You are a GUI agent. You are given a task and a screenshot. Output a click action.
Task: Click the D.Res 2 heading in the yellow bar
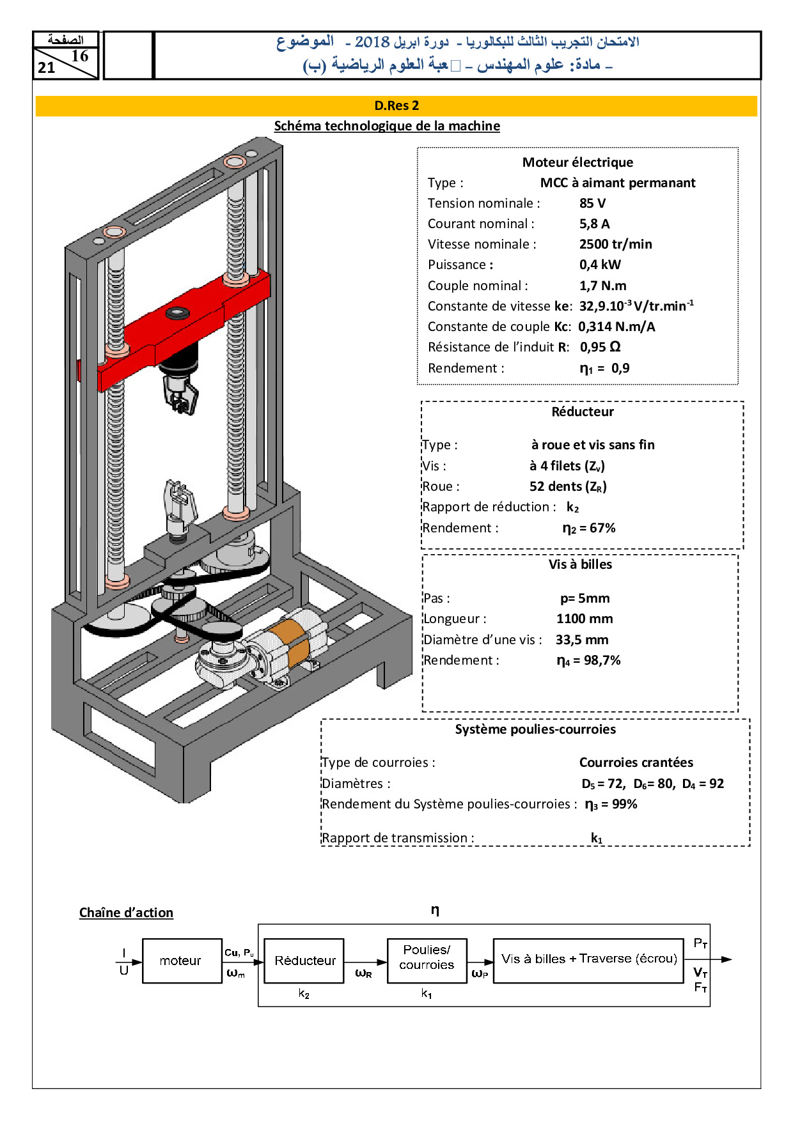[396, 106]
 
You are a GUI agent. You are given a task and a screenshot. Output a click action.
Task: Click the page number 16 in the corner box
[80, 56]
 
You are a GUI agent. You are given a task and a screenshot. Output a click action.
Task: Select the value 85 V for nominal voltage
[592, 203]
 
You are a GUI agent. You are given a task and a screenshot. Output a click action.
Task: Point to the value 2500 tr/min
[615, 244]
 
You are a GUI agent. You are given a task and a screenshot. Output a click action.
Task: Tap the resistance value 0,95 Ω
[600, 347]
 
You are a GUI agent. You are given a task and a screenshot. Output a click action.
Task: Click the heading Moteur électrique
[577, 162]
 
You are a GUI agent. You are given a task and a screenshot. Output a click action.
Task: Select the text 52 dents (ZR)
[568, 486]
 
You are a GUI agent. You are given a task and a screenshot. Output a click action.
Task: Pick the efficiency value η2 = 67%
[588, 528]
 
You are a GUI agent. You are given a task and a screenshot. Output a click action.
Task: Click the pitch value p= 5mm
[585, 598]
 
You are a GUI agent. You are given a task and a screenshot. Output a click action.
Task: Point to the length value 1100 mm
[584, 619]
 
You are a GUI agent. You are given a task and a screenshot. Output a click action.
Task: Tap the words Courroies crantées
[636, 762]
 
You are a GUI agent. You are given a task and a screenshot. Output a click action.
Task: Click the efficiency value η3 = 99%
[611, 804]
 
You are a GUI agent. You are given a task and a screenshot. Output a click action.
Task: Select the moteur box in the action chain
[180, 961]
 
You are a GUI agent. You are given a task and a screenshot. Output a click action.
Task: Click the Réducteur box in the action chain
[304, 961]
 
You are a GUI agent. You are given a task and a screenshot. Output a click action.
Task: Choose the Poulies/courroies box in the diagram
[427, 957]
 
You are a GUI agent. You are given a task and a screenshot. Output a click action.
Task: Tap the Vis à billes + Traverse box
[588, 959]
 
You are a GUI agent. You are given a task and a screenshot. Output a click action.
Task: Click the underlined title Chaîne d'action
[126, 913]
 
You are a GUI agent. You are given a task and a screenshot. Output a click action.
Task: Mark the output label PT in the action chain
[700, 944]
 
